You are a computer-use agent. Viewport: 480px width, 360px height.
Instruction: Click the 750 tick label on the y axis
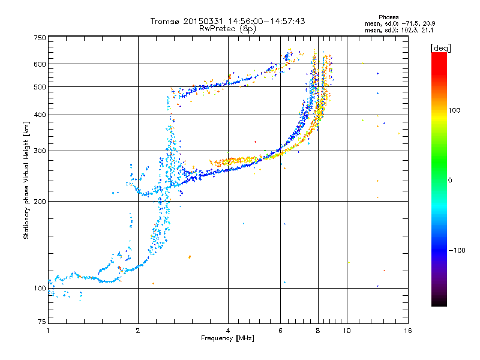point(40,38)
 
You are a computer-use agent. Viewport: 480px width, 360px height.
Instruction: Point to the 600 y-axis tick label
point(40,64)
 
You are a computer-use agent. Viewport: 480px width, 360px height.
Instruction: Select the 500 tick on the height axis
point(40,87)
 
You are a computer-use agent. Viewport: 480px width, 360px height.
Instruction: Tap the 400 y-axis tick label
point(40,115)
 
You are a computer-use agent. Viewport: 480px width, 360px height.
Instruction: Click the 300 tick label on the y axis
point(40,151)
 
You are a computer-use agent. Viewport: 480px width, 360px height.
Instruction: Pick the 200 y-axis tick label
point(40,201)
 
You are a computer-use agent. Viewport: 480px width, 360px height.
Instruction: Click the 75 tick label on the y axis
point(41,321)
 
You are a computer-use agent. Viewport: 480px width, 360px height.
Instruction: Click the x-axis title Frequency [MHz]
point(228,338)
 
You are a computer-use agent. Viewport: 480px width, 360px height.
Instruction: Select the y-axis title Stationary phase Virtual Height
point(26,180)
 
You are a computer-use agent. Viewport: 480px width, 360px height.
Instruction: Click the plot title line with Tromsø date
point(228,21)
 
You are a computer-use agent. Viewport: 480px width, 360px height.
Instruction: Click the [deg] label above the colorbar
point(441,47)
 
